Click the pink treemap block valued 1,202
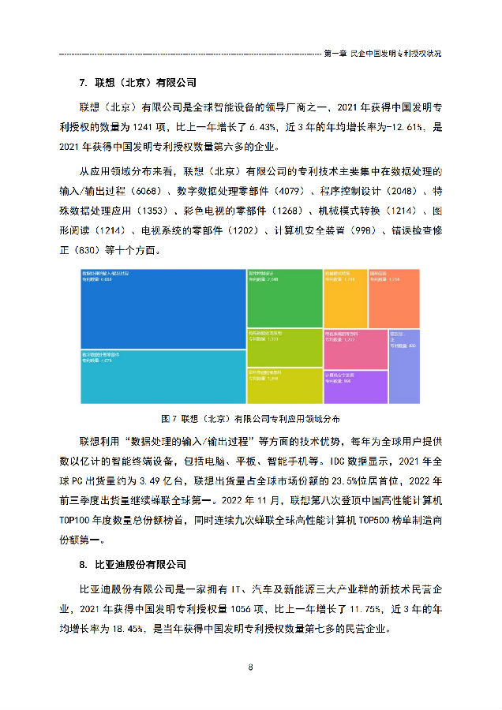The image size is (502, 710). pyautogui.click(x=355, y=348)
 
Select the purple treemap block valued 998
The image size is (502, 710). pyautogui.click(x=355, y=387)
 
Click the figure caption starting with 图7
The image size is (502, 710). pyautogui.click(x=251, y=417)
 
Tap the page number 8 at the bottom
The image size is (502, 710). pyautogui.click(x=251, y=667)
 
